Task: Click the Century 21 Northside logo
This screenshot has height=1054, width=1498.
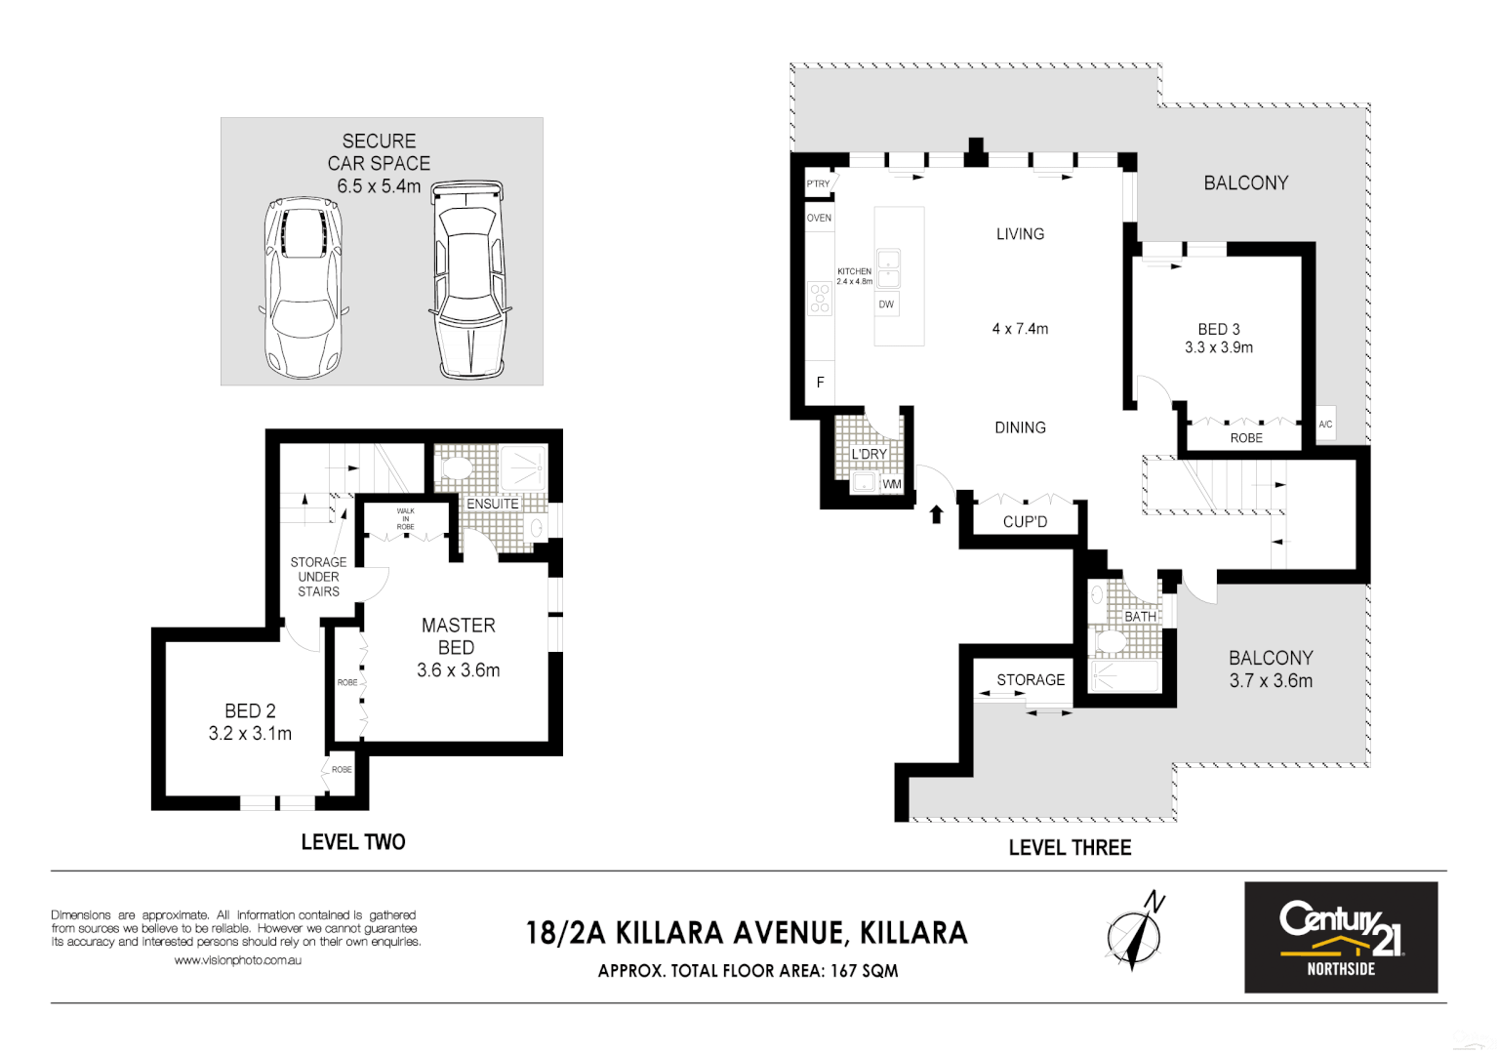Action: click(1340, 937)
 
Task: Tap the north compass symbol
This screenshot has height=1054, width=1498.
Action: click(1135, 931)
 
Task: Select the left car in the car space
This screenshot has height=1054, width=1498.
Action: click(303, 288)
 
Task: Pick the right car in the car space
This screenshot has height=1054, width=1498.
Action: click(469, 279)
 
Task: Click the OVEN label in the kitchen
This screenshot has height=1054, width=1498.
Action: click(819, 218)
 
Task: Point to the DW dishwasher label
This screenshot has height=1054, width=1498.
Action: click(886, 304)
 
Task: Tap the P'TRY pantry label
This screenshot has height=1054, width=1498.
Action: click(818, 183)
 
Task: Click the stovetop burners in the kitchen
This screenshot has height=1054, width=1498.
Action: click(820, 299)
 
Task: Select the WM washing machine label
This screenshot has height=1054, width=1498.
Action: click(892, 484)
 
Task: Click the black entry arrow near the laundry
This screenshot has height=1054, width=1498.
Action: click(937, 513)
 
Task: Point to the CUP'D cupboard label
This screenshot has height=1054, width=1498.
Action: click(1025, 522)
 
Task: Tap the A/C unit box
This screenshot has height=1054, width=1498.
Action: click(1325, 425)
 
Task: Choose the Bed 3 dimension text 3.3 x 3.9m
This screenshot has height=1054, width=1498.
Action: click(1219, 347)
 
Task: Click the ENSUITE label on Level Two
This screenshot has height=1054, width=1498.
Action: click(493, 504)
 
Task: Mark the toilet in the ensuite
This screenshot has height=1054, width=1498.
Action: click(457, 468)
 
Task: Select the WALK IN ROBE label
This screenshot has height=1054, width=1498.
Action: click(405, 518)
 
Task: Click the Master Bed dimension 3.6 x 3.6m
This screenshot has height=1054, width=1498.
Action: click(458, 670)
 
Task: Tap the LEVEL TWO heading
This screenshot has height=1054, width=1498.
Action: click(352, 842)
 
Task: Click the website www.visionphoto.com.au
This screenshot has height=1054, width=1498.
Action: click(237, 960)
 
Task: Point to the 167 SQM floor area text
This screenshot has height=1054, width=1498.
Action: click(864, 971)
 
